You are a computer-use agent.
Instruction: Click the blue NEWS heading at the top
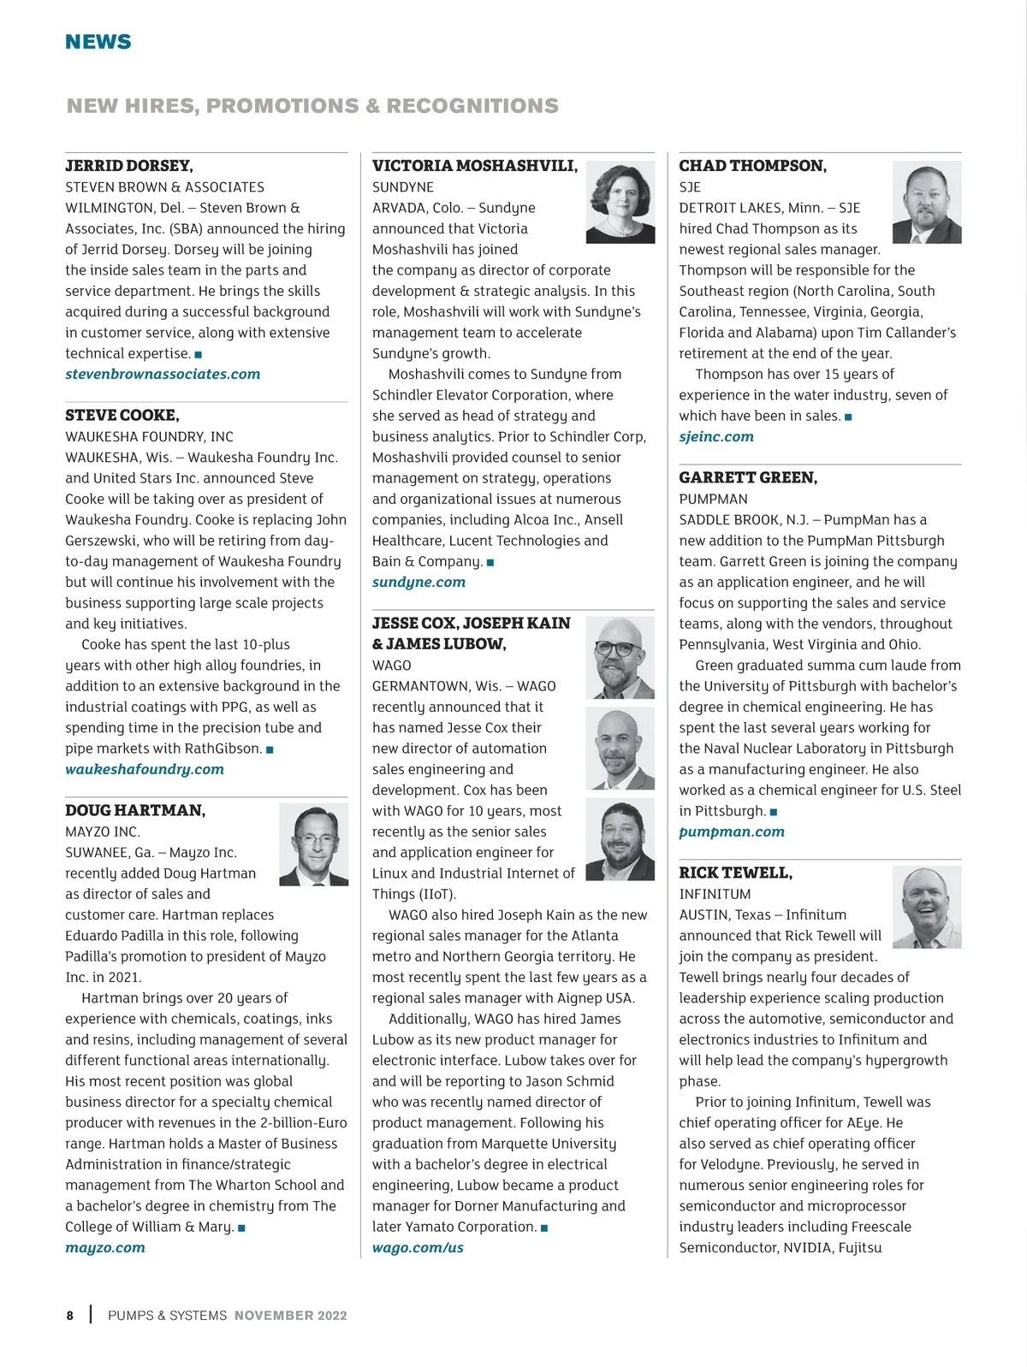(98, 42)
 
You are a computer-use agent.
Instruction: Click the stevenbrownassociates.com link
(163, 375)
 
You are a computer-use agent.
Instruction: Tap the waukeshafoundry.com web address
(145, 770)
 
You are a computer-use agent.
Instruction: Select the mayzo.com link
(105, 1248)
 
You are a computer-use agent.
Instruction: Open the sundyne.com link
(419, 583)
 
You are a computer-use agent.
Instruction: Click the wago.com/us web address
(418, 1248)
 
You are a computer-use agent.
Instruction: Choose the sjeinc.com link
(716, 437)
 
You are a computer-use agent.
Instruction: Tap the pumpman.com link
(732, 832)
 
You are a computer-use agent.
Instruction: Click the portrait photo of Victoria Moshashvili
(620, 203)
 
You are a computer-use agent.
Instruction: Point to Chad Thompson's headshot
(927, 203)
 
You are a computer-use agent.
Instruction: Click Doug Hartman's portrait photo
(314, 844)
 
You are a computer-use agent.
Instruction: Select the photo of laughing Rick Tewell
(927, 907)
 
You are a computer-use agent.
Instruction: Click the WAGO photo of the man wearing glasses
(620, 658)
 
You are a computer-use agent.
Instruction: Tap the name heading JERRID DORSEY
(129, 166)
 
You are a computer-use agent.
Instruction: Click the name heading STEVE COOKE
(122, 416)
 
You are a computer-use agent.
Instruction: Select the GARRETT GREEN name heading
(748, 478)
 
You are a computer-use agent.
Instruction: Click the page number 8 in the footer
(70, 1316)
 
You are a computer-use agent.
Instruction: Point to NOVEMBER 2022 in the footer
(291, 1316)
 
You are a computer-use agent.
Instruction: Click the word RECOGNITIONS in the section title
(472, 106)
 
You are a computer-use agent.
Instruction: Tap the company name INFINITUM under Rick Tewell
(715, 894)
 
